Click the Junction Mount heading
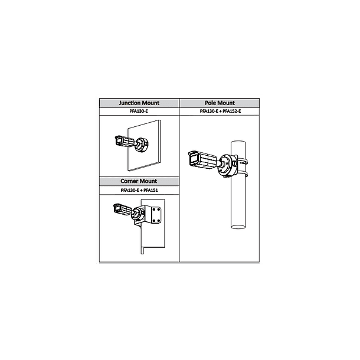[x=139, y=103]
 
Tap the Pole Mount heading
[x=220, y=103]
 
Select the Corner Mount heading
[x=139, y=181]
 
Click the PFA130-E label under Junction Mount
[x=139, y=111]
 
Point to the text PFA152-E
[x=232, y=111]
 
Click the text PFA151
[x=150, y=190]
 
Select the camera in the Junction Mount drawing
[x=125, y=141]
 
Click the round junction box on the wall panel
[x=142, y=145]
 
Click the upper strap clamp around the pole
[x=242, y=162]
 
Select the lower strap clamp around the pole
[x=242, y=174]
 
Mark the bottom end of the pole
[x=238, y=227]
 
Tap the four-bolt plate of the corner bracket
[x=156, y=215]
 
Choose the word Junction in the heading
[x=129, y=103]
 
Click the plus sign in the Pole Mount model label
[x=220, y=112]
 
